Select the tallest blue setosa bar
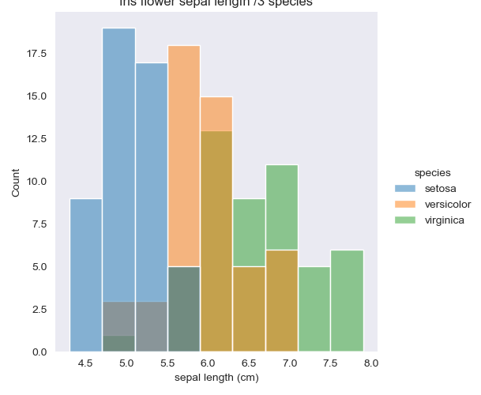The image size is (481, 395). pos(118,158)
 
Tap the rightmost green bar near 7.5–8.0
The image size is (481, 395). pos(347,300)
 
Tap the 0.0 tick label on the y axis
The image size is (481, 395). pos(39,352)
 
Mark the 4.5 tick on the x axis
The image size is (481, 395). pos(85,363)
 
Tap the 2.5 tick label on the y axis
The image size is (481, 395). pos(39,309)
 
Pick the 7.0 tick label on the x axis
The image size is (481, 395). pos(289,363)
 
